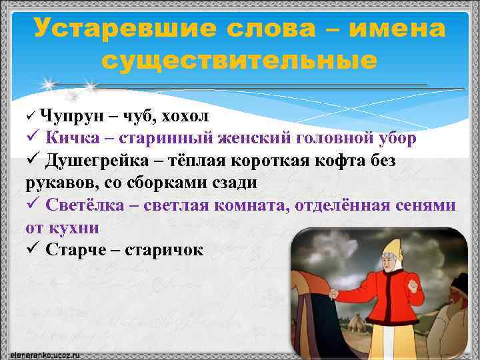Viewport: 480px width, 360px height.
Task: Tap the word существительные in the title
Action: [239, 61]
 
